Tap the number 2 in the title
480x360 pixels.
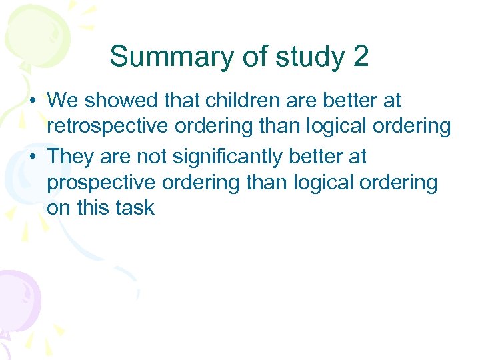(360, 57)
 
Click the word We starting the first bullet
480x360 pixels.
(63, 101)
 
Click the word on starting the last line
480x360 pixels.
(57, 207)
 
